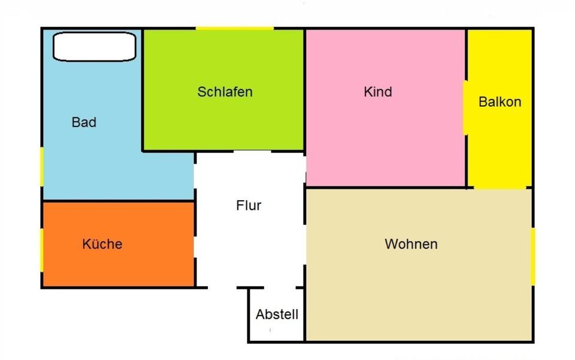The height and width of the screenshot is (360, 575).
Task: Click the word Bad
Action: pyautogui.click(x=84, y=123)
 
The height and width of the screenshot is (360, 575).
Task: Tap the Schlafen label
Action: pyautogui.click(x=225, y=92)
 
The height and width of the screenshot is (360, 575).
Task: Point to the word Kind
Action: pyautogui.click(x=378, y=92)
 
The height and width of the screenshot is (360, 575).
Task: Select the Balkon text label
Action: pyautogui.click(x=500, y=102)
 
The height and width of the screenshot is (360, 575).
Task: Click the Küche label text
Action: pyautogui.click(x=102, y=244)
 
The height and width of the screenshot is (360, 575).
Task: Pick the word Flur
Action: pyautogui.click(x=249, y=205)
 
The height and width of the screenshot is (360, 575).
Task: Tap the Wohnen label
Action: pyautogui.click(x=411, y=244)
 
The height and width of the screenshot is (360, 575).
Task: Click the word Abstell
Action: pyautogui.click(x=277, y=314)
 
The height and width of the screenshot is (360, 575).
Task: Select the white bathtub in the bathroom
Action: pyautogui.click(x=95, y=47)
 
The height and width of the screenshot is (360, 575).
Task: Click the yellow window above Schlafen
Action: pyautogui.click(x=235, y=28)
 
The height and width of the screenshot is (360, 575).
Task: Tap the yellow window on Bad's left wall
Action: pyautogui.click(x=41, y=166)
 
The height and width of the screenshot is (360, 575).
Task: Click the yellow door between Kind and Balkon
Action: pyautogui.click(x=465, y=108)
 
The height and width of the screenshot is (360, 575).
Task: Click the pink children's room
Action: pyautogui.click(x=383, y=144)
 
